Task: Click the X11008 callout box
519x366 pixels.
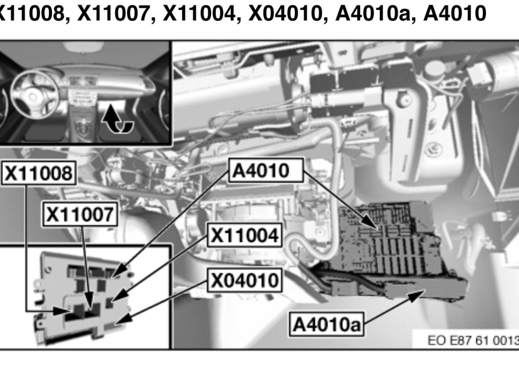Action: pos(39,173)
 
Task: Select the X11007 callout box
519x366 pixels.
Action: pos(81,214)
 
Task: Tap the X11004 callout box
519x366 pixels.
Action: pos(245,235)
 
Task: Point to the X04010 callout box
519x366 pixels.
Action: pos(245,280)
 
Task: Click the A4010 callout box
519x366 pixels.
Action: pos(266,170)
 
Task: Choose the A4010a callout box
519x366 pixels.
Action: pos(327,324)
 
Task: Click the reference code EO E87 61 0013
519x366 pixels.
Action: pos(473,340)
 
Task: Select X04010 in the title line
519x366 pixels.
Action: pos(285,13)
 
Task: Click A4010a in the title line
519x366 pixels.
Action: pos(372,13)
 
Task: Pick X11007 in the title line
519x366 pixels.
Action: pos(114,13)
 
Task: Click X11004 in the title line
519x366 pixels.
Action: pos(199,13)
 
